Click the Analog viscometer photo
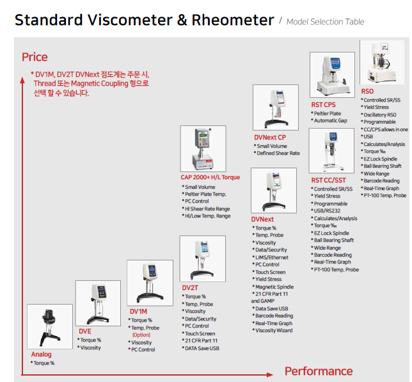(51, 326)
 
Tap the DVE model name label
(85, 331)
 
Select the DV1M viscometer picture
(150, 283)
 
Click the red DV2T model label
(191, 288)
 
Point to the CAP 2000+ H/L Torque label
(210, 177)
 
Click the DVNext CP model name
(270, 138)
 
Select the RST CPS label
(324, 104)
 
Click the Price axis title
(35, 58)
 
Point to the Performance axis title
(318, 371)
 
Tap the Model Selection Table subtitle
(326, 22)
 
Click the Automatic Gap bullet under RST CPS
(331, 120)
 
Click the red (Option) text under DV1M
(141, 335)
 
